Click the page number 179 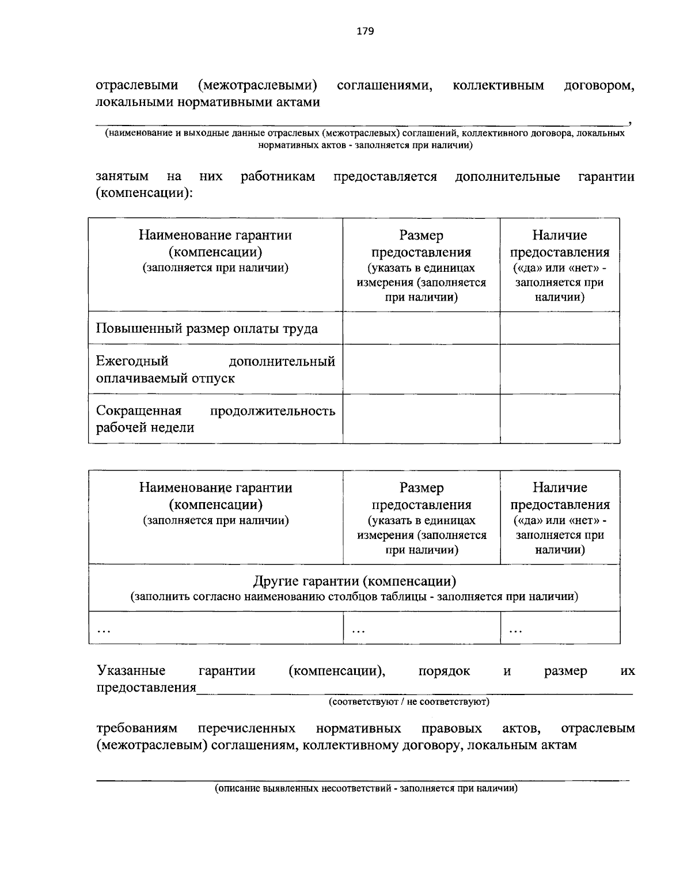point(365,31)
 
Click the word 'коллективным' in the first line point(498,86)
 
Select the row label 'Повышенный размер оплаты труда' point(207,329)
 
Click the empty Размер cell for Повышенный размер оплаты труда point(421,328)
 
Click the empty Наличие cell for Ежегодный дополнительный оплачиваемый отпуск point(560,369)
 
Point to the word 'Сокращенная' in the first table point(139,411)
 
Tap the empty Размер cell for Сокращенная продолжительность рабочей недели point(421,419)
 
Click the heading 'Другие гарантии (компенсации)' point(355,580)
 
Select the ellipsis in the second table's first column point(104,631)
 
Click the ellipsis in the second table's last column point(515,631)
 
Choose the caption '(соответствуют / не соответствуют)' point(409,702)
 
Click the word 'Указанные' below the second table point(131,671)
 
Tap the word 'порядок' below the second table point(444,671)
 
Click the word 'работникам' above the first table point(278,176)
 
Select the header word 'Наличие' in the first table point(560,235)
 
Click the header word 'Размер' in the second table point(422,488)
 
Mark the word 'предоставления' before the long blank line point(146,688)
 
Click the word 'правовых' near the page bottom point(451,728)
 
